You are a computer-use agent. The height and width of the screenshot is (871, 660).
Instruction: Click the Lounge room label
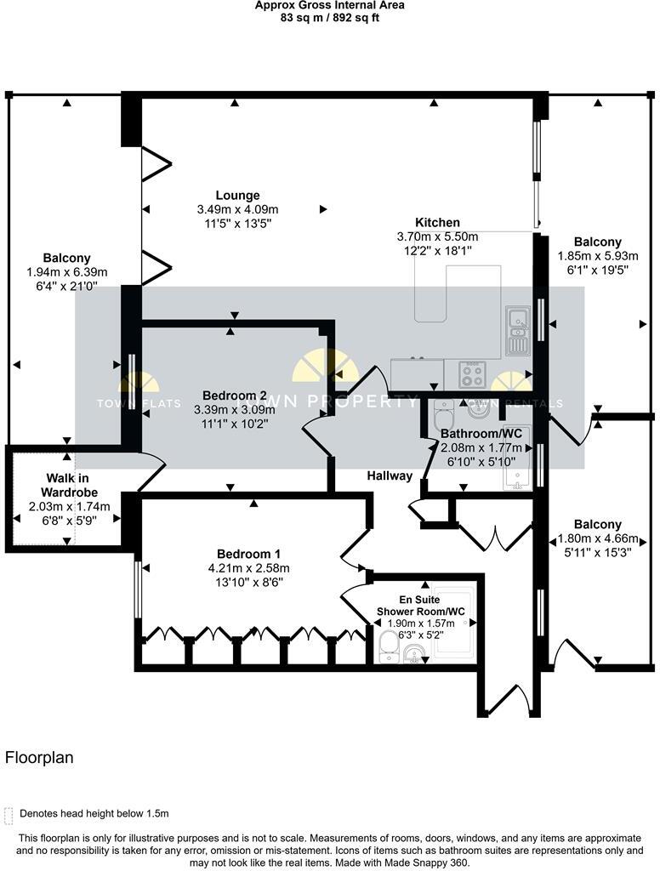[x=237, y=196]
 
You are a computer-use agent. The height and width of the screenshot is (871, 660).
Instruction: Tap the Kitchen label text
[x=437, y=223]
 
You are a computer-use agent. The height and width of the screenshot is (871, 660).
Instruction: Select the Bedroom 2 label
[x=235, y=396]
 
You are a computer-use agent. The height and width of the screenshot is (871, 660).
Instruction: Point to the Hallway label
[x=390, y=475]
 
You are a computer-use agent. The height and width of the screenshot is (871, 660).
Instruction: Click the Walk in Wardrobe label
[x=69, y=485]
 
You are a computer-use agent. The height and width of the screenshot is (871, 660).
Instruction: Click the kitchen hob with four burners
[x=472, y=373]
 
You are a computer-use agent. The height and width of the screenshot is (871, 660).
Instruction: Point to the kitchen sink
[x=518, y=330]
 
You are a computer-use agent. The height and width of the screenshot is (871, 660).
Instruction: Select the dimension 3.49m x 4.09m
[x=237, y=209]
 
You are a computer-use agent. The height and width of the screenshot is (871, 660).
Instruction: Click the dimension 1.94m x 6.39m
[x=67, y=272]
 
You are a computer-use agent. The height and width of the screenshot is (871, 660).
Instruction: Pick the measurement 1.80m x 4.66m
[x=596, y=538]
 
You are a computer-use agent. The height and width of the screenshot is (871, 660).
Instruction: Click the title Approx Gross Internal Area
[x=329, y=5]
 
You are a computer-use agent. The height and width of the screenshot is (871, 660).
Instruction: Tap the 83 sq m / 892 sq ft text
[x=329, y=17]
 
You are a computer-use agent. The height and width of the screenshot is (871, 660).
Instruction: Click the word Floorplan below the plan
[x=39, y=757]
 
